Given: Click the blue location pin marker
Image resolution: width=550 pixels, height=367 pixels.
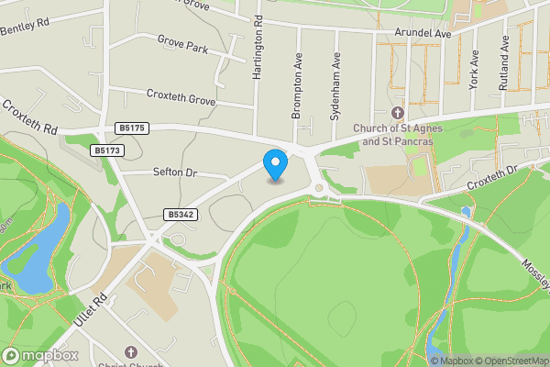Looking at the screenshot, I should pos(275,165).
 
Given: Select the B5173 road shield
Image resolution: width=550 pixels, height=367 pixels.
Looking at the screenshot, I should pos(107,149).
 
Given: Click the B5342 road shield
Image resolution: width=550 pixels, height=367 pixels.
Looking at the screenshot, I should pos(180,214).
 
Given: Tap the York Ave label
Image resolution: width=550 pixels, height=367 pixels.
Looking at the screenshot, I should pos(474,68).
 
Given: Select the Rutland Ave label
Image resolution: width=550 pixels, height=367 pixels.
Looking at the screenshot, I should pos(503,63).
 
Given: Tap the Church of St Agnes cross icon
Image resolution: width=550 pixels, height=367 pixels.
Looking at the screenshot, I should pos(398,113).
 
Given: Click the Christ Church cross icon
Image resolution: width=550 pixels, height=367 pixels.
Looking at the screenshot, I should pos(129,351).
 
